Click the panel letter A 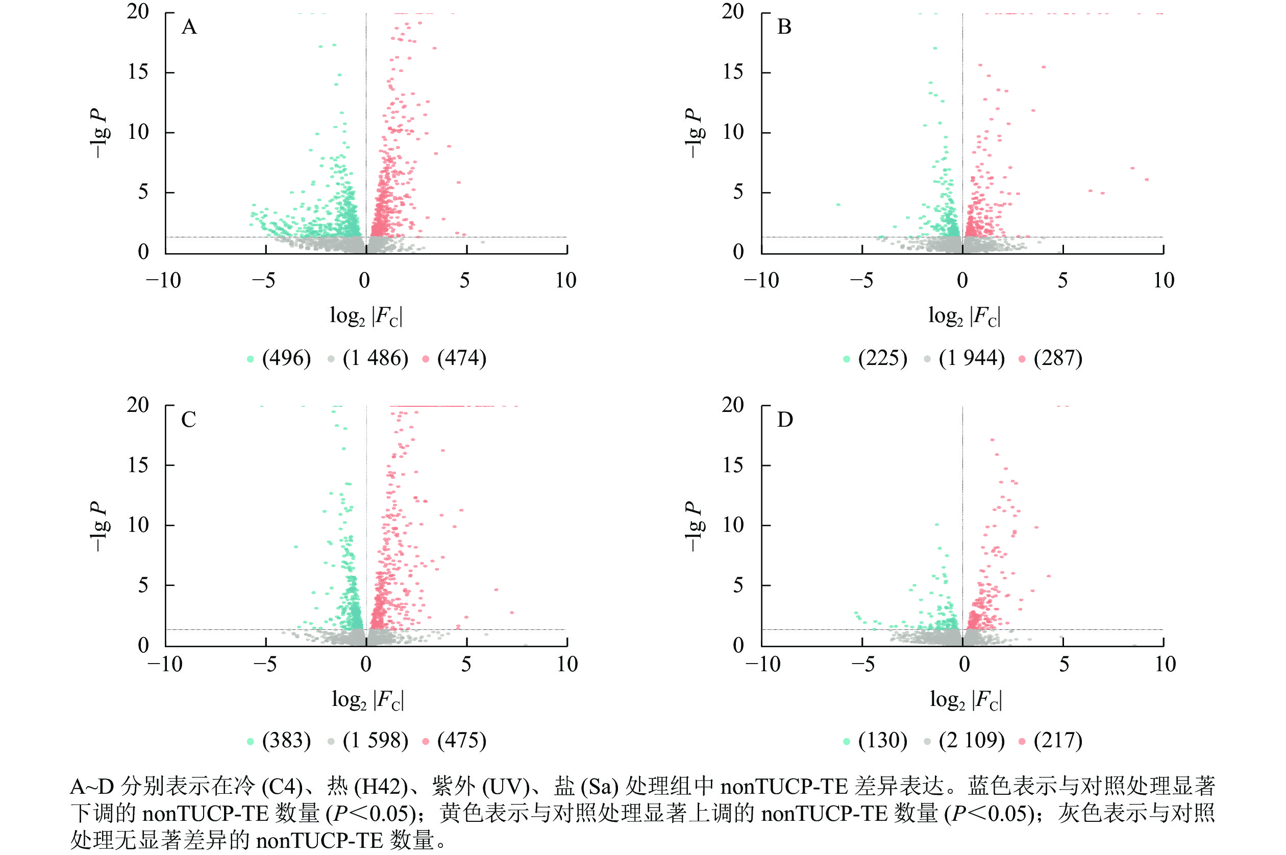coord(189,27)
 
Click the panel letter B coord(784,27)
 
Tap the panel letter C coord(189,420)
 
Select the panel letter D coord(784,420)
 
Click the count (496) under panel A coord(286,358)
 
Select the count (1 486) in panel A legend coord(375,358)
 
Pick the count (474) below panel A coord(461,358)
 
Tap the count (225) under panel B coord(882,358)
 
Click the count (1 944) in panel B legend coord(972,358)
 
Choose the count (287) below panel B coord(1057,358)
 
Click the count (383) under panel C coord(286,741)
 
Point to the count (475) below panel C coord(461,741)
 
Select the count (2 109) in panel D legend coord(972,741)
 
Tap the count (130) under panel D coord(882,741)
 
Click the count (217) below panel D coord(1057,741)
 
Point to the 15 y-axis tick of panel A coord(138,72)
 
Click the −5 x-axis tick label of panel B coord(861,281)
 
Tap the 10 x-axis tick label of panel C coord(567,664)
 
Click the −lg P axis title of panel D coord(694,526)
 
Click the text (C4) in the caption coord(282,786)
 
